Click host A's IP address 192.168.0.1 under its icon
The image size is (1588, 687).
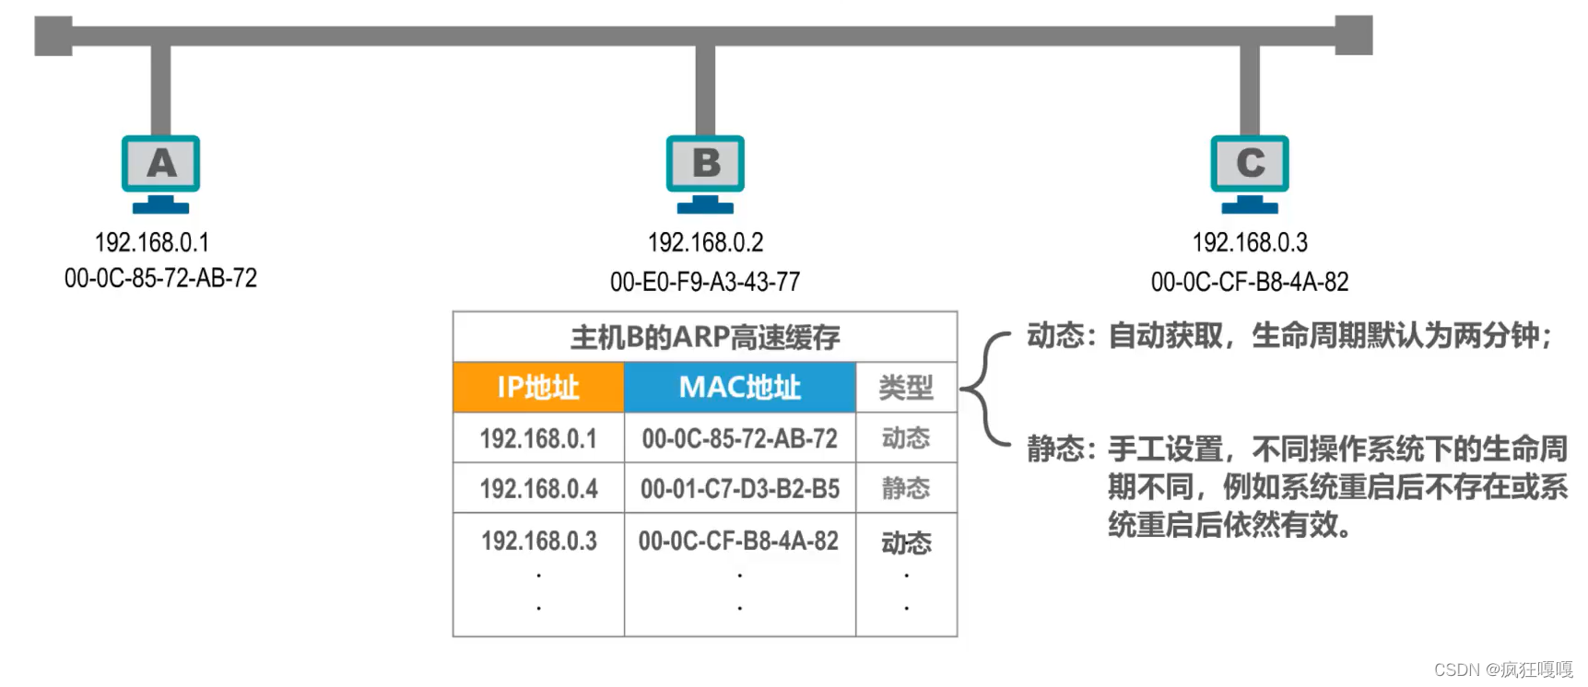click(x=152, y=242)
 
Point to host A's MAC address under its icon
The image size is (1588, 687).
click(x=160, y=278)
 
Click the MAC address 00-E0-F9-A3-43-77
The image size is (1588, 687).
click(x=705, y=282)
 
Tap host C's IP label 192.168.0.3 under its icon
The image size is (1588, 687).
click(x=1250, y=242)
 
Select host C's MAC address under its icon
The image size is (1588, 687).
click(x=1250, y=282)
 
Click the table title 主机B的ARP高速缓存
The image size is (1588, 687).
click(x=705, y=337)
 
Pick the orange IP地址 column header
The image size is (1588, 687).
click(x=538, y=387)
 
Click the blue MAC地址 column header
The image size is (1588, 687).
click(x=740, y=387)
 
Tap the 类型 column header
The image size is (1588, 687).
click(x=906, y=387)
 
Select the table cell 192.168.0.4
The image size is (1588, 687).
click(x=538, y=488)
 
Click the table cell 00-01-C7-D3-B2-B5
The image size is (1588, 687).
click(x=740, y=488)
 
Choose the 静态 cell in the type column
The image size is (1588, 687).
click(x=906, y=488)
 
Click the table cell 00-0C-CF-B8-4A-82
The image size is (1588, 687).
click(x=738, y=541)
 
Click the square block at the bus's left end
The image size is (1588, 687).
click(x=53, y=36)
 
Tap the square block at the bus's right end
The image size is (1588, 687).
click(x=1354, y=35)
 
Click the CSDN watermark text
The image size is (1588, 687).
click(x=1503, y=670)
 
